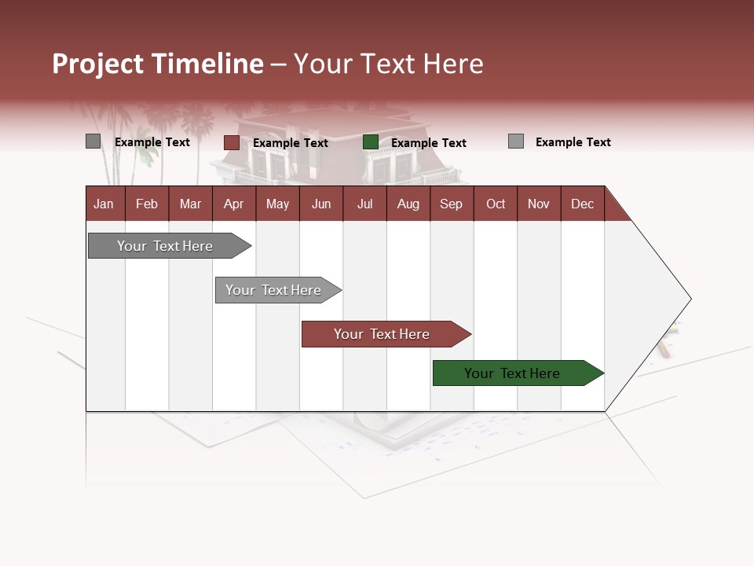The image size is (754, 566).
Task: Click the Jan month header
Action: click(104, 204)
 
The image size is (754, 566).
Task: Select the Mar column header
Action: click(190, 204)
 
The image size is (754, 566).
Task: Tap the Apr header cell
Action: click(233, 204)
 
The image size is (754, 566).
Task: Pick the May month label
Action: click(277, 204)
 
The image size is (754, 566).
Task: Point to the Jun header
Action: click(321, 204)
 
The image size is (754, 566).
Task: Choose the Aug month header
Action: click(408, 204)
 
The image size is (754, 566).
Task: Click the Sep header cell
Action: click(451, 204)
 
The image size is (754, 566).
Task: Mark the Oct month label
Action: click(496, 204)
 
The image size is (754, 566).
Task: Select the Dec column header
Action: click(582, 204)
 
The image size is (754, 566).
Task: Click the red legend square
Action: click(231, 142)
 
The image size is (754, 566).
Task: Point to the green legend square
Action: click(371, 142)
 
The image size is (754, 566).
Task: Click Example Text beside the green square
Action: click(428, 143)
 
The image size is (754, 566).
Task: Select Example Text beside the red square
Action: click(290, 143)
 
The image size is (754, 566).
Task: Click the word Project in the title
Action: click(98, 64)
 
